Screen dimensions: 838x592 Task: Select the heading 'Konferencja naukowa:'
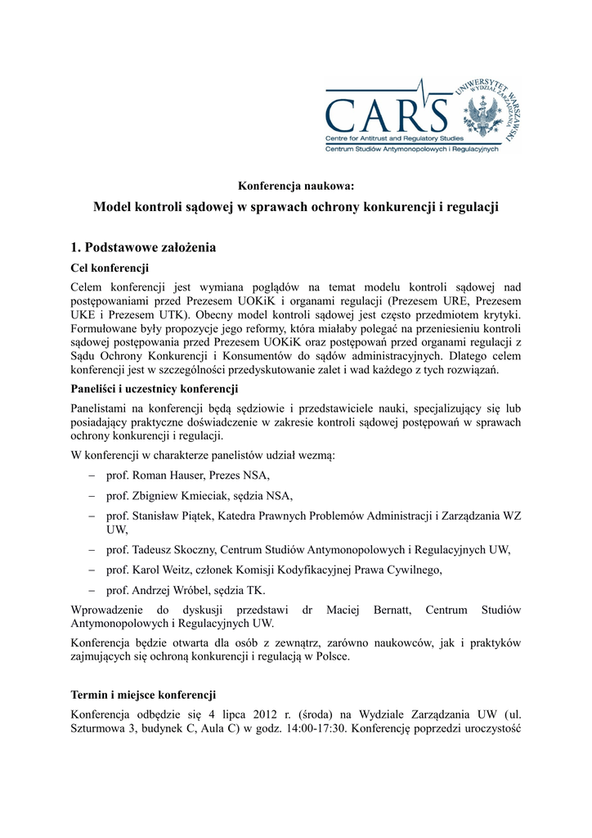[295, 185]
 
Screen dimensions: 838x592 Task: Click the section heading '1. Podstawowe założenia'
[143, 247]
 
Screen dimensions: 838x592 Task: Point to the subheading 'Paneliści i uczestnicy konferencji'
[155, 389]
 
